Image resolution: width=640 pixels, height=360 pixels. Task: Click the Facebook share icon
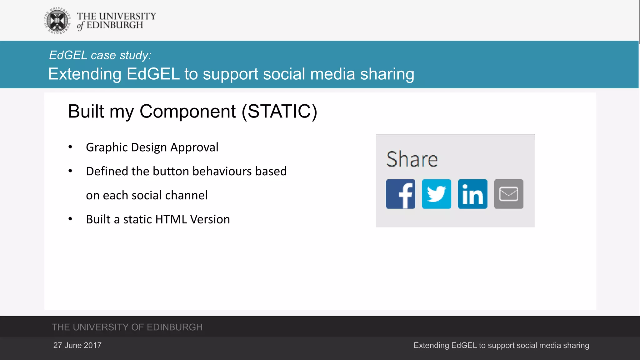pyautogui.click(x=400, y=194)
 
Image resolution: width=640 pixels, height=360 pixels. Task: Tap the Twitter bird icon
pyautogui.click(x=436, y=194)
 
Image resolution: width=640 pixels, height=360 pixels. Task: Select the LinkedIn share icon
pyautogui.click(x=472, y=194)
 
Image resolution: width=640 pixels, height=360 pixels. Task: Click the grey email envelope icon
pyautogui.click(x=508, y=194)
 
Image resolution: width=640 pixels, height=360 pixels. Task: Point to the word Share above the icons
pyautogui.click(x=412, y=159)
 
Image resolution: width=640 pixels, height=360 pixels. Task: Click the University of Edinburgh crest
pyautogui.click(x=57, y=21)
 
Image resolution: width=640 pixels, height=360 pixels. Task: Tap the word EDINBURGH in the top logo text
pyautogui.click(x=115, y=25)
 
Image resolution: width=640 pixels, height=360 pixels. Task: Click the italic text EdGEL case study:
pyautogui.click(x=100, y=55)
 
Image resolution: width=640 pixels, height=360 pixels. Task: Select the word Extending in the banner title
pyautogui.click(x=85, y=74)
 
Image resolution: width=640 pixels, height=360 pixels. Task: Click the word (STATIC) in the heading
pyautogui.click(x=279, y=111)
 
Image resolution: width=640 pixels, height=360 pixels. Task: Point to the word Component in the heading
pyautogui.click(x=187, y=111)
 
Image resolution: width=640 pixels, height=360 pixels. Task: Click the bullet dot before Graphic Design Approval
pyautogui.click(x=70, y=147)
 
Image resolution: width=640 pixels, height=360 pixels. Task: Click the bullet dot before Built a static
pyautogui.click(x=70, y=219)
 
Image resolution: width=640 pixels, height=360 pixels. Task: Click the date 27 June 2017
pyautogui.click(x=77, y=345)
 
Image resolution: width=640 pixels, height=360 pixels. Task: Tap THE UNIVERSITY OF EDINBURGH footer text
pyautogui.click(x=127, y=327)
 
